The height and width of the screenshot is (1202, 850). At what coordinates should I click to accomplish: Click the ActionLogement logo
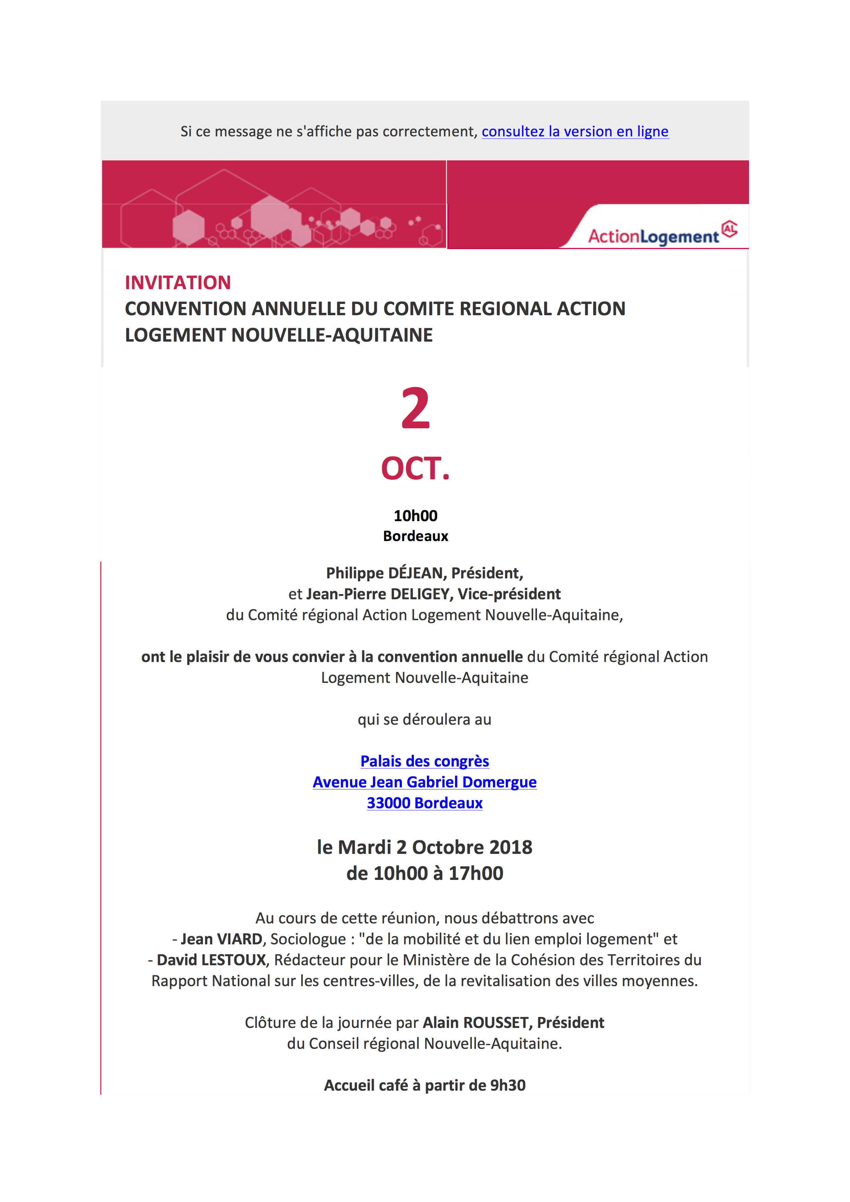point(662,234)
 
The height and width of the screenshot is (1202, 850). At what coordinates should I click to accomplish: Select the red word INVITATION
point(178,283)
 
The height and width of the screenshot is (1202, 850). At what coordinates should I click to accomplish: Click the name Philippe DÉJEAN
point(384,573)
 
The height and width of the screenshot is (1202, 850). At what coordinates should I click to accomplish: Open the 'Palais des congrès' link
point(425,761)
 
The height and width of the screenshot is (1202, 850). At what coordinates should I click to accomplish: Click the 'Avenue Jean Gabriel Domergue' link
point(425,782)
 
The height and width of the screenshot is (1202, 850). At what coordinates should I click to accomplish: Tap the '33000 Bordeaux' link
point(425,803)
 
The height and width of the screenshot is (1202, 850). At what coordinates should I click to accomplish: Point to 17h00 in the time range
point(476,874)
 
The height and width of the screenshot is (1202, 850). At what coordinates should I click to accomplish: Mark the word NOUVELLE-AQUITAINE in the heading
point(332,335)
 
